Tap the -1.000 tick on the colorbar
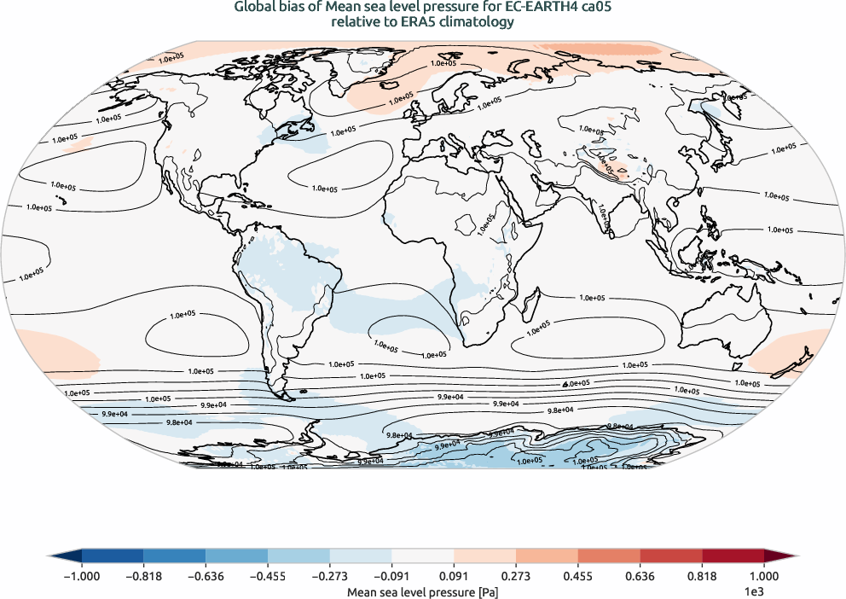tap(82, 577)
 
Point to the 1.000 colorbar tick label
tap(764, 577)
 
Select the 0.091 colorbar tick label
tap(454, 577)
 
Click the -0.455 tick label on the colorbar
tap(268, 577)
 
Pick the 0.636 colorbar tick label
tap(640, 577)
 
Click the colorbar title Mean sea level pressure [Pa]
tap(423, 590)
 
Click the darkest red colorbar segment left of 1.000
tap(733, 555)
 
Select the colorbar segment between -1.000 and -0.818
tap(113, 555)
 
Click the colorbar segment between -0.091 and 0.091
tap(423, 555)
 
